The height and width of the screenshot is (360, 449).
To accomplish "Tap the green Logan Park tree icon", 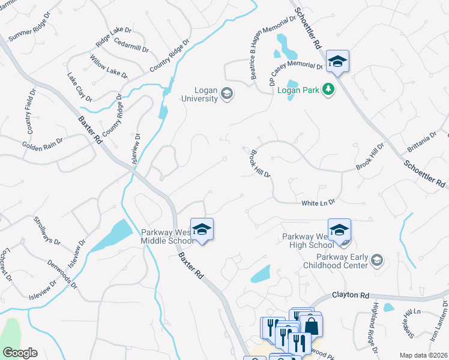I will click(x=328, y=89).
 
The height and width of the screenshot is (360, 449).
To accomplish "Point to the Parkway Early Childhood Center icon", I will click(x=376, y=260).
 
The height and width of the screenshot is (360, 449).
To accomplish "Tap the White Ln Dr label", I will click(x=318, y=203).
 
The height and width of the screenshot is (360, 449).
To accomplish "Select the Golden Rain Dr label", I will click(x=42, y=143).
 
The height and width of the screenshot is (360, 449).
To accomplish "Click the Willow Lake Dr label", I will click(x=109, y=67).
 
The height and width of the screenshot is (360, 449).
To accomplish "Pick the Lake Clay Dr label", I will click(x=79, y=87).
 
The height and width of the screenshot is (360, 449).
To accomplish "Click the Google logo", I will click(x=20, y=353).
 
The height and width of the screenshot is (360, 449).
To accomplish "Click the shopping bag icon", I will click(x=312, y=326).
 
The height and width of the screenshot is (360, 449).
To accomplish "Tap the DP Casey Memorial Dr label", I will click(x=294, y=68).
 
